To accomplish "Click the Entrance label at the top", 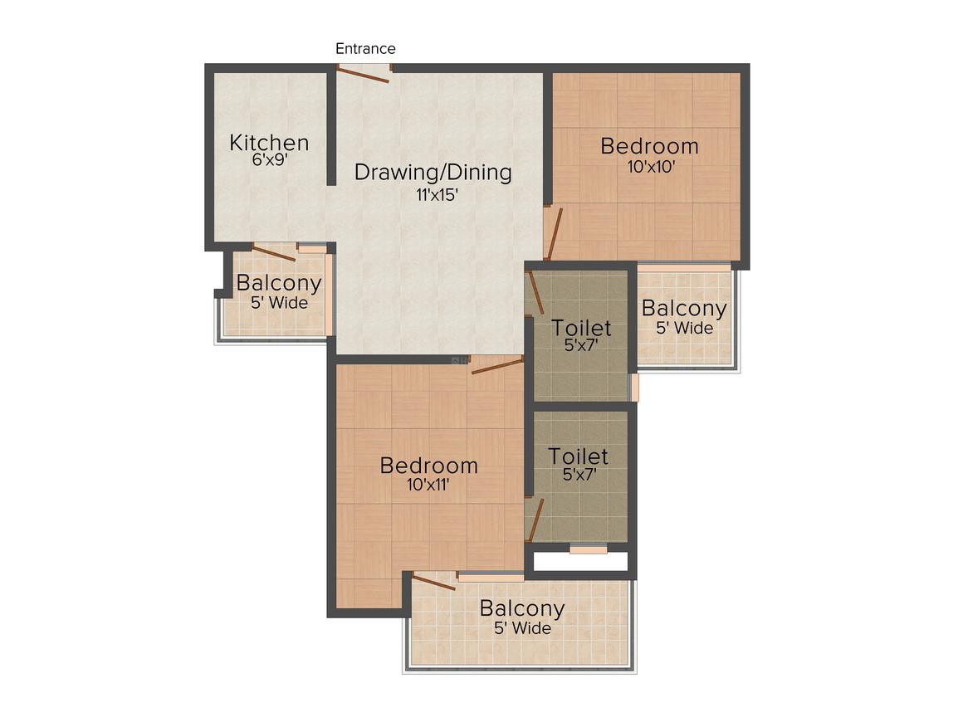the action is pos(365,48).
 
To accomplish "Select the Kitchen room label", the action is pos(269,143).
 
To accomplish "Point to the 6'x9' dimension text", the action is pos(270,159).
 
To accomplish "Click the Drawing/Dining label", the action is pos(433,173).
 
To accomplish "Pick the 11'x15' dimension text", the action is pos(438,195).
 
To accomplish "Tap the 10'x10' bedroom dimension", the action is pos(651,166).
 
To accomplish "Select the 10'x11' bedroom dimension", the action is pos(428,485).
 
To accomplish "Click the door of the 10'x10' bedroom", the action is pos(554,233).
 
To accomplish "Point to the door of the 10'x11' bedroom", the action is pos(496,367).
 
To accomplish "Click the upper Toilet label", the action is pos(581,328).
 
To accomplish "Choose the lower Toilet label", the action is pos(579,456).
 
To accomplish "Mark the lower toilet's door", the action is pos(536,520).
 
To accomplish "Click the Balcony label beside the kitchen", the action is pos(279,284).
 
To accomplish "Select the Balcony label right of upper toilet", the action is pos(684,308).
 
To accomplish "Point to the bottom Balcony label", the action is pos(522,608).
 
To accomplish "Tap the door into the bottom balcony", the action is pos(433,582).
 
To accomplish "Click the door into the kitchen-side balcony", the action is pos(274,251).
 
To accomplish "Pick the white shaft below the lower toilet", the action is pos(580,561).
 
